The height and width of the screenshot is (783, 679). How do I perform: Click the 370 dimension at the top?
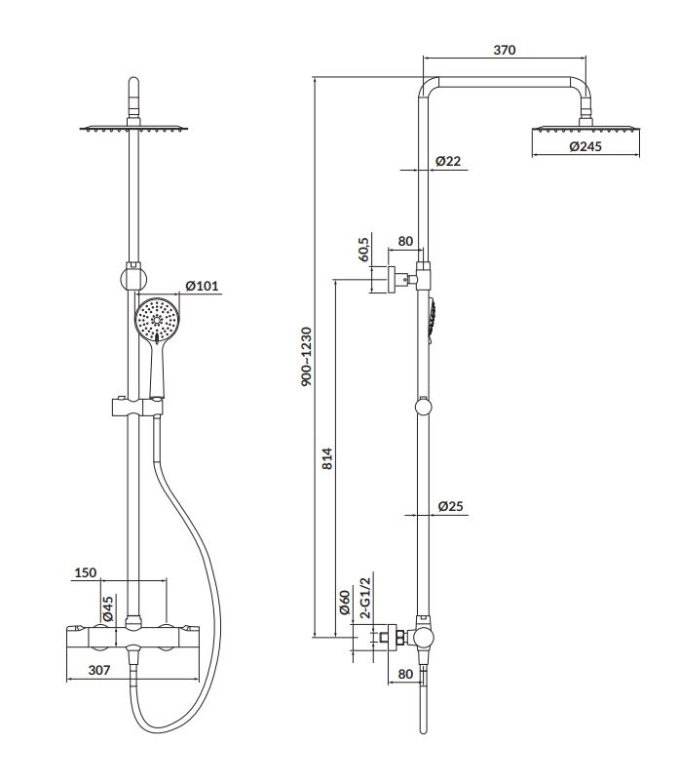pyautogui.click(x=505, y=50)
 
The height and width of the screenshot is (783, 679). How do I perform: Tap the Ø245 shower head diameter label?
pyautogui.click(x=585, y=146)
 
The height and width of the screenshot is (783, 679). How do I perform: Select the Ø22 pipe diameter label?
pyautogui.click(x=448, y=161)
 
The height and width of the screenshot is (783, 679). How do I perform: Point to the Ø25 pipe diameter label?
pyautogui.click(x=450, y=506)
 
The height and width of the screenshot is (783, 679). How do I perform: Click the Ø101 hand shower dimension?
pyautogui.click(x=202, y=286)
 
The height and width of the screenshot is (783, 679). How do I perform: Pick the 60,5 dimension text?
pyautogui.click(x=363, y=249)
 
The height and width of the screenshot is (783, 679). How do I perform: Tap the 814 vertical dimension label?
pyautogui.click(x=326, y=458)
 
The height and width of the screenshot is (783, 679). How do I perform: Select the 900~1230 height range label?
pyautogui.click(x=306, y=357)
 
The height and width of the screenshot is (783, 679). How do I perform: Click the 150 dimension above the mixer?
pyautogui.click(x=86, y=572)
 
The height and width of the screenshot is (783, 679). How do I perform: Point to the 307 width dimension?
pyautogui.click(x=99, y=670)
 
